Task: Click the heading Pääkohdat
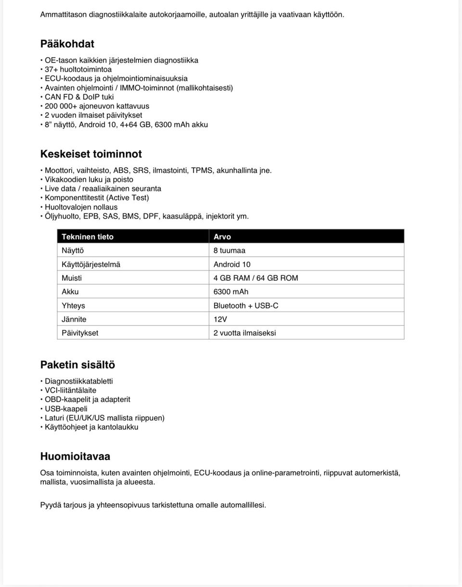(67, 44)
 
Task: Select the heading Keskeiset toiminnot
(91, 154)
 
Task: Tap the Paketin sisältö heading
(77, 365)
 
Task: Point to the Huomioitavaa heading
(75, 456)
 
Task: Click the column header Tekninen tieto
(88, 237)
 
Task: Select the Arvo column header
(222, 237)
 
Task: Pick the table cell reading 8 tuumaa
(230, 250)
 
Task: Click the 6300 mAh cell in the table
(231, 292)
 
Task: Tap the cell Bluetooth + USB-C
(246, 306)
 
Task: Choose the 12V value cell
(220, 319)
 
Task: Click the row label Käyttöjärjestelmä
(91, 264)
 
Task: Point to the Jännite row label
(74, 319)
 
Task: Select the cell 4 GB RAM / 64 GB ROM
(256, 278)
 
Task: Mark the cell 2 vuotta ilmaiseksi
(245, 333)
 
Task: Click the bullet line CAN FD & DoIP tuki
(79, 97)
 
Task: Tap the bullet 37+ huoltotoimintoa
(78, 69)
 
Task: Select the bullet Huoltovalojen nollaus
(81, 207)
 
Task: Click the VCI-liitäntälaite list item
(70, 390)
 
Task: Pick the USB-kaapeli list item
(66, 409)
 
